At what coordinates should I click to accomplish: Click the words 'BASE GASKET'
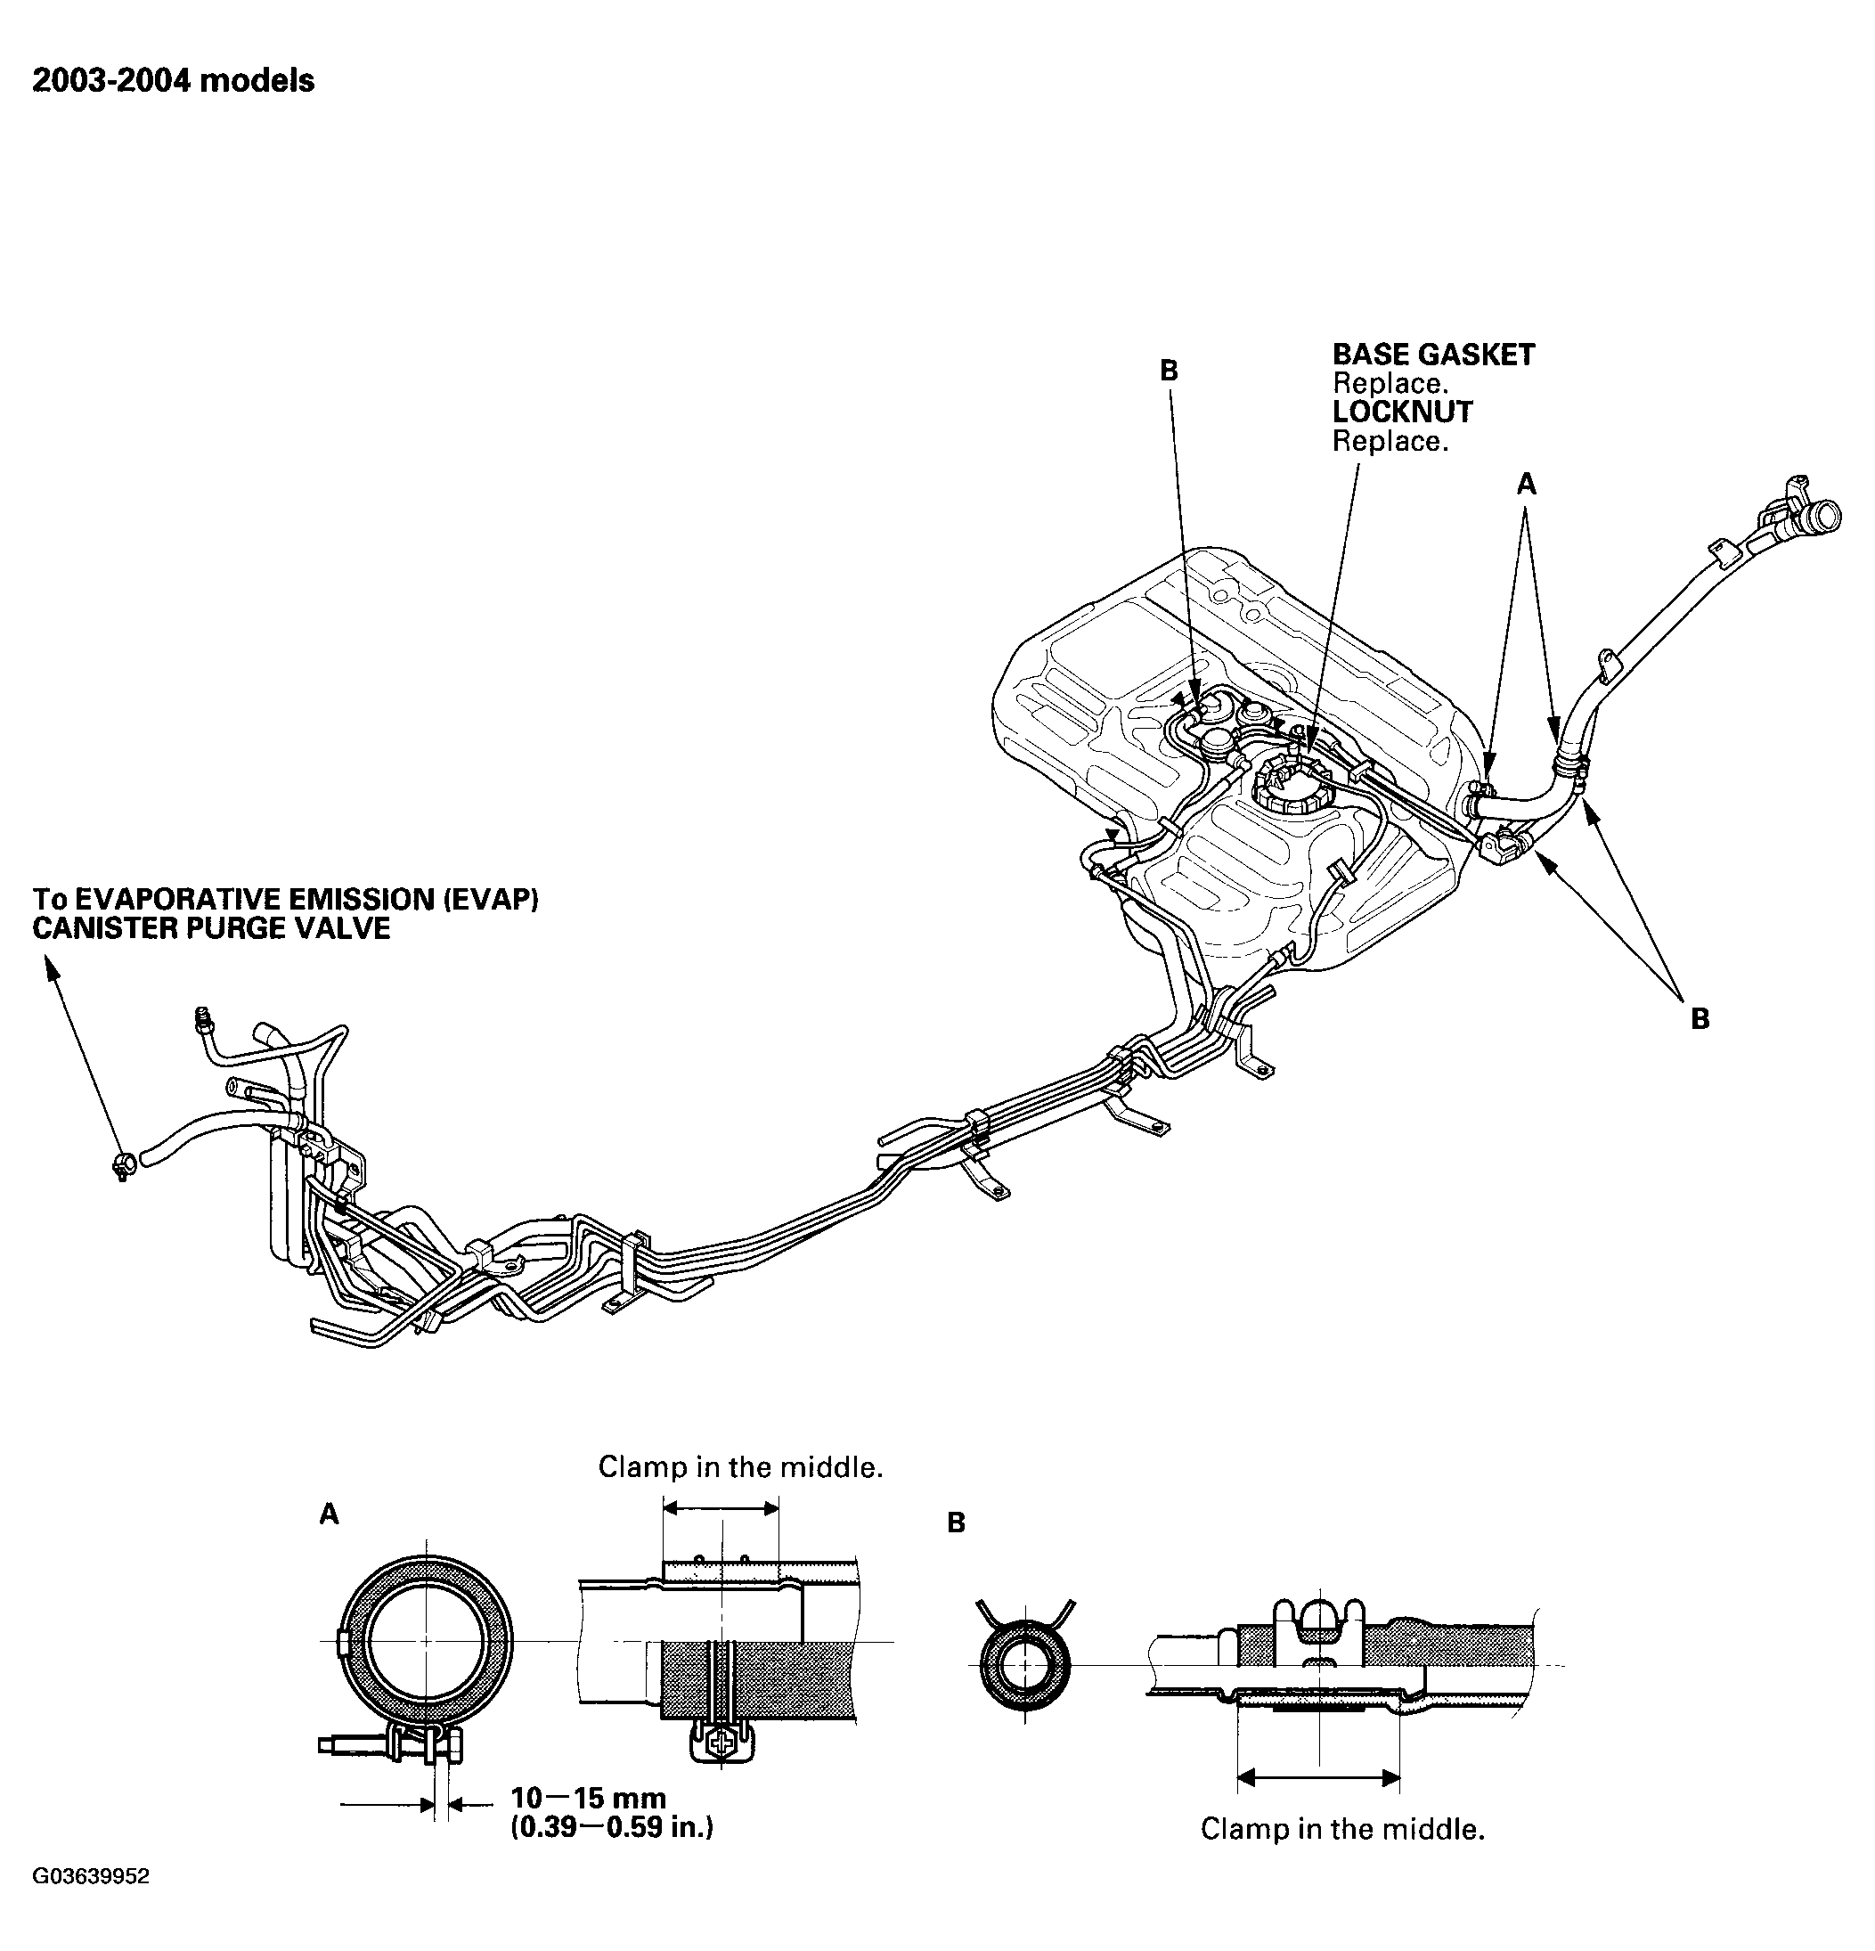(1432, 355)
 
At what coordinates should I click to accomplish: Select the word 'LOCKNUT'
(1401, 412)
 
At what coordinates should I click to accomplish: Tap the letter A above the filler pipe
(1526, 485)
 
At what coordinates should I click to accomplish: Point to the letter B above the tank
(1169, 371)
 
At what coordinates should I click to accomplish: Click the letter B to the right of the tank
(1700, 1018)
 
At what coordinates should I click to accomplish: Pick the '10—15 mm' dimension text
(588, 1798)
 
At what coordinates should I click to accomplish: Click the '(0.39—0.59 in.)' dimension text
(611, 1826)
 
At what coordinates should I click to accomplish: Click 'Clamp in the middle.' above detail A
(740, 1467)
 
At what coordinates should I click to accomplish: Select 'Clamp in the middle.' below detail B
(1341, 1829)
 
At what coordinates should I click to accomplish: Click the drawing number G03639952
(92, 1904)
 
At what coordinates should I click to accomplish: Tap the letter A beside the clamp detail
(329, 1514)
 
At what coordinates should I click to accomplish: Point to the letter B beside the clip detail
(956, 1523)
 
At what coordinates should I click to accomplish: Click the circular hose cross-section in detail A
(426, 1639)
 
